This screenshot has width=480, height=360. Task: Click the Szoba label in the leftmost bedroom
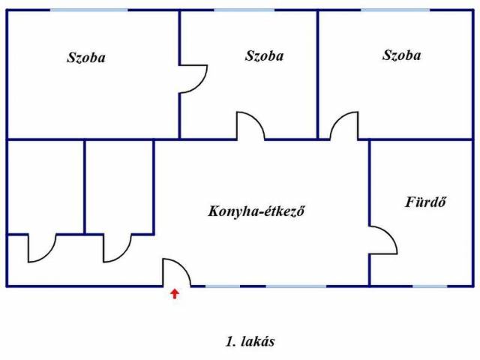(x=85, y=58)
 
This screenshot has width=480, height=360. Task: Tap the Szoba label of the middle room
(x=264, y=55)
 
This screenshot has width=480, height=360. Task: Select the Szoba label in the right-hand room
(x=401, y=55)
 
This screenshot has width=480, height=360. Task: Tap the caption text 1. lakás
(x=250, y=341)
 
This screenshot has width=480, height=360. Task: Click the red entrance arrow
(x=175, y=293)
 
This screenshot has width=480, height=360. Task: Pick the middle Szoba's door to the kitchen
(x=250, y=126)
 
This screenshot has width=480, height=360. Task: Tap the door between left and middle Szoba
(x=194, y=78)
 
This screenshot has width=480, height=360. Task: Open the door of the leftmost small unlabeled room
(x=42, y=248)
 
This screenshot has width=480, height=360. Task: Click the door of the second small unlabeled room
(x=118, y=248)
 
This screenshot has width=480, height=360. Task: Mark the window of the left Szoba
(x=89, y=10)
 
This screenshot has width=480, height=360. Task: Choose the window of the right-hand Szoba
(x=395, y=10)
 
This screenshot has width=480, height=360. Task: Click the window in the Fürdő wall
(x=430, y=286)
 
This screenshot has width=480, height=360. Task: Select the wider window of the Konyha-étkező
(x=296, y=286)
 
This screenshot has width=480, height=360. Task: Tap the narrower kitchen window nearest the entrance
(x=223, y=286)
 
